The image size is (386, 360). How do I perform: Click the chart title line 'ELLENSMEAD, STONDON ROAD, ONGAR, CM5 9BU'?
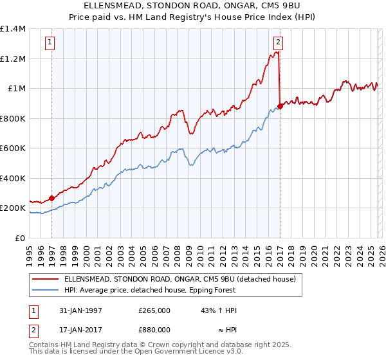click(193, 6)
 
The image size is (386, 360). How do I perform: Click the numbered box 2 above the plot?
click(278, 43)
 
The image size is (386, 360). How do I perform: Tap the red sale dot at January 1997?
click(51, 199)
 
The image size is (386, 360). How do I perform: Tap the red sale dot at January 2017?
click(280, 107)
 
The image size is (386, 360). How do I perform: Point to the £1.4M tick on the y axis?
click(13, 29)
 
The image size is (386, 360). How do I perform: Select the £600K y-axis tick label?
click(13, 148)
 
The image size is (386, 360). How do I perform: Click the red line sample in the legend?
click(44, 279)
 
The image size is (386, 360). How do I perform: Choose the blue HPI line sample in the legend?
click(44, 290)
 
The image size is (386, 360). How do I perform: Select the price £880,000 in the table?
click(154, 330)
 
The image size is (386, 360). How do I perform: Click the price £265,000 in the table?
click(154, 310)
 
